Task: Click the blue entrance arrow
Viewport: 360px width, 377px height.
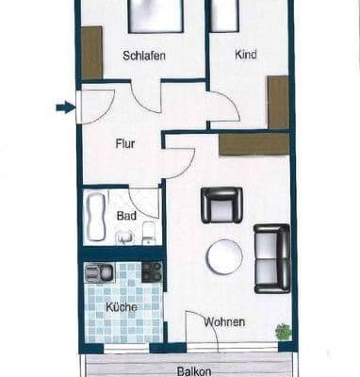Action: tap(64, 107)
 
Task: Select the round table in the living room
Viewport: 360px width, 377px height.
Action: tap(224, 256)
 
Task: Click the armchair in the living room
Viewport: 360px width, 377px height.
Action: tap(221, 204)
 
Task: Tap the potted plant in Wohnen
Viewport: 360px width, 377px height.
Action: tap(282, 331)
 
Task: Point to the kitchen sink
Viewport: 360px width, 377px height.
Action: tap(99, 273)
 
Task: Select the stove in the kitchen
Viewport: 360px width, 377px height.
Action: tap(151, 272)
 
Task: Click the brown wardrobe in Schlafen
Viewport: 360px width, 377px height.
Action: tap(91, 53)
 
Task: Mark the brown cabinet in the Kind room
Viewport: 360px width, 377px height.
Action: tap(277, 102)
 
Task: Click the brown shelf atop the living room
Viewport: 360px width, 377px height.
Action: tap(254, 143)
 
